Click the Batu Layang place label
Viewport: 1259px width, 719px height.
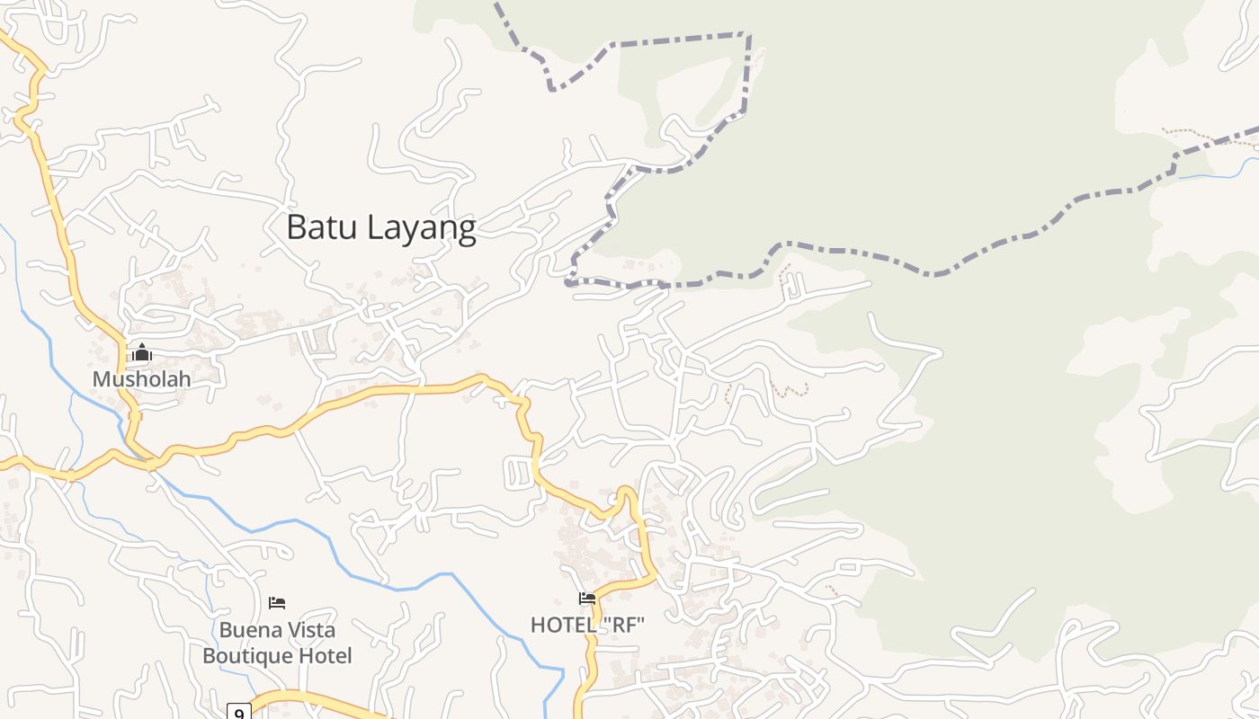point(380,227)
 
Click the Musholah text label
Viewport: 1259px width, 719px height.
point(142,378)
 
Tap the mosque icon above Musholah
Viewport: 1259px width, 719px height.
point(141,352)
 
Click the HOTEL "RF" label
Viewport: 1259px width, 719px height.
point(587,625)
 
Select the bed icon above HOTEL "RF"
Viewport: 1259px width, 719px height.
point(587,599)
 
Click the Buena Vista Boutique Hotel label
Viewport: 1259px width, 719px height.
point(277,643)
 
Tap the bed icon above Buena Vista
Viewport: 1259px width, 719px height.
point(277,602)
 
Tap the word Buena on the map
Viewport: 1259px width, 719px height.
point(246,630)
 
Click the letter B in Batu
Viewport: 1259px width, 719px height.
point(296,227)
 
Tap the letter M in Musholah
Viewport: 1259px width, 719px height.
point(101,378)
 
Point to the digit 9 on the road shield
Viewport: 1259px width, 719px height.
point(238,714)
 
